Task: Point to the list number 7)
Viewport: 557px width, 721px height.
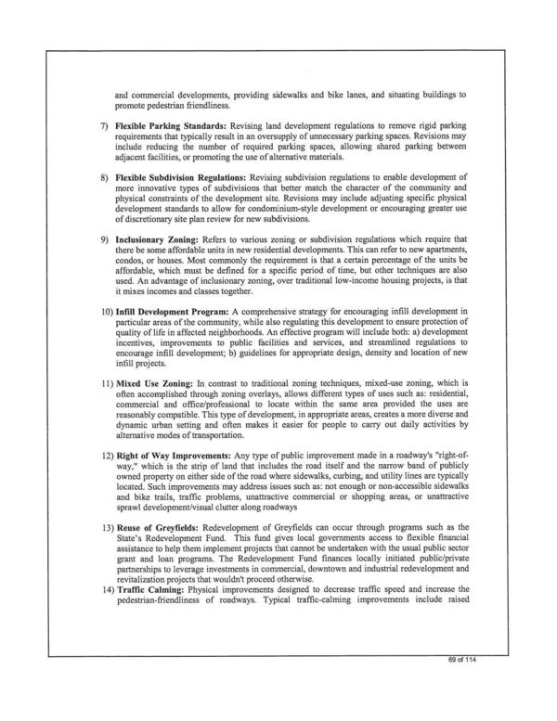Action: click(104, 124)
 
